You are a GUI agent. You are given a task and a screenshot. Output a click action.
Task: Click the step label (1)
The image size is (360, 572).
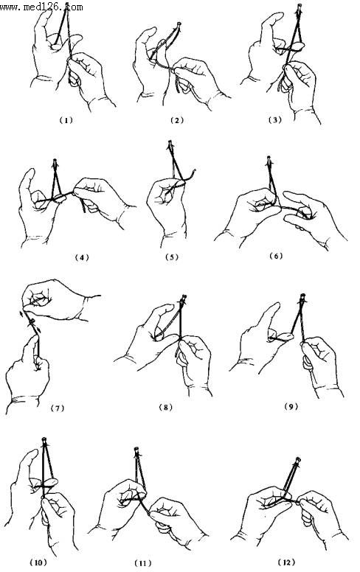(x=66, y=119)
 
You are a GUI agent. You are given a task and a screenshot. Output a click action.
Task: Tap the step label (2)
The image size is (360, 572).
(x=177, y=120)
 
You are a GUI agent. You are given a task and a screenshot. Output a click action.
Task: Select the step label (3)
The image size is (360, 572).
(x=275, y=119)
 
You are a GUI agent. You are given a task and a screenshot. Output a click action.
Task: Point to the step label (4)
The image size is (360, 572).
(x=82, y=257)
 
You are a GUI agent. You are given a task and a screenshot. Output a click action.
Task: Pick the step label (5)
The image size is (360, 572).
(x=172, y=257)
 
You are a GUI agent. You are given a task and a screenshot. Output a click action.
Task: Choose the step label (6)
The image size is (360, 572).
(x=276, y=256)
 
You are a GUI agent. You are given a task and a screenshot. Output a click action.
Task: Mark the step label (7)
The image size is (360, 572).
(x=58, y=408)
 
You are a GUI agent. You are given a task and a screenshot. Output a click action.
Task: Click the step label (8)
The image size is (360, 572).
(x=166, y=407)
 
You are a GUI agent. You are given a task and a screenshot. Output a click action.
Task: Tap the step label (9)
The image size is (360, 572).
(x=291, y=406)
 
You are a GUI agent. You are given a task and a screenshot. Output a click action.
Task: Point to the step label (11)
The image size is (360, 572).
(x=143, y=563)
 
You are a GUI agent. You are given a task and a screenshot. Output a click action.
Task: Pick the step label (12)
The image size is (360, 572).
(x=287, y=562)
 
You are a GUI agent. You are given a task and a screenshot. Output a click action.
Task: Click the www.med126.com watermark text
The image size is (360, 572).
(x=41, y=7)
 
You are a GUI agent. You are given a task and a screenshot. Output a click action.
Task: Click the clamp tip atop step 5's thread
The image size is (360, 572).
(x=170, y=144)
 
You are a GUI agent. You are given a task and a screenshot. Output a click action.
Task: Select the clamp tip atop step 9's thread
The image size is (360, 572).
(x=302, y=296)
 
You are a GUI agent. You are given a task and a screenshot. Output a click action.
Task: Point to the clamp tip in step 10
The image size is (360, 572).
(x=44, y=440)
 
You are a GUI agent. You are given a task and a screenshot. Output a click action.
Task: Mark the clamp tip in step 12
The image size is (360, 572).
(x=298, y=461)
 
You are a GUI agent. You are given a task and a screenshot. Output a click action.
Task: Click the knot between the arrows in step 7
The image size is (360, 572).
(x=32, y=321)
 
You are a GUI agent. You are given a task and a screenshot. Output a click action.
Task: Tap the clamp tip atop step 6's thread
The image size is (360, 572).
(x=269, y=159)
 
